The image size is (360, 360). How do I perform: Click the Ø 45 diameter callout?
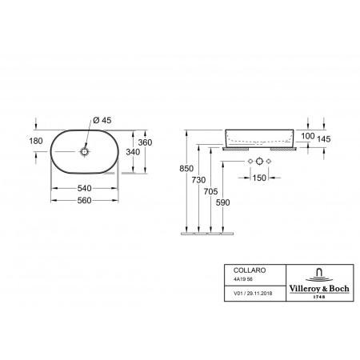(102, 120)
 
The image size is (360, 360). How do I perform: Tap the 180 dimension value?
(36, 141)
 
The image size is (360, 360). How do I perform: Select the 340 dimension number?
(133, 152)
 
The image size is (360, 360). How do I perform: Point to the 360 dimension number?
(145, 142)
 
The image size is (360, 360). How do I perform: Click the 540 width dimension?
(85, 188)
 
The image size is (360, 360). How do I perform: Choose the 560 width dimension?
(85, 200)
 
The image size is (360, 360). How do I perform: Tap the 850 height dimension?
(186, 169)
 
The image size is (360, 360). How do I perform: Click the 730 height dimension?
(198, 180)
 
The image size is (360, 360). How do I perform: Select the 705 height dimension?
(210, 191)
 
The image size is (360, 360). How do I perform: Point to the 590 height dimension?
(222, 202)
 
